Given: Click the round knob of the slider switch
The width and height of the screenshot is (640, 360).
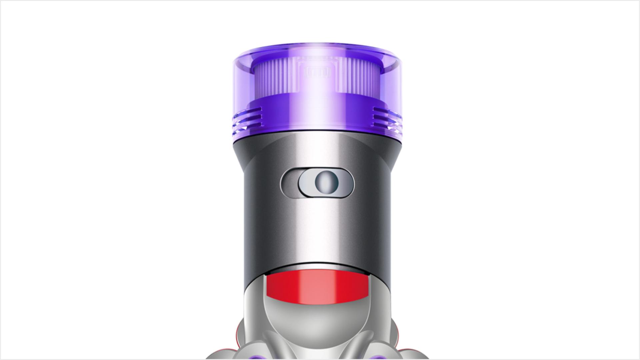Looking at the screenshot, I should point(327,183).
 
